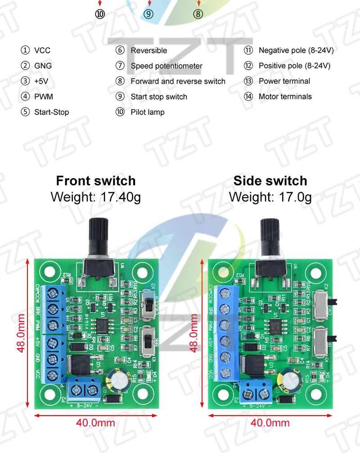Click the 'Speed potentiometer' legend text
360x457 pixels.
[x=166, y=66]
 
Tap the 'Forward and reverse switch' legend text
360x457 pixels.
[x=178, y=81]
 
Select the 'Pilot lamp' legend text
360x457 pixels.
[x=148, y=112]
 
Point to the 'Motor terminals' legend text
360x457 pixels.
[x=285, y=96]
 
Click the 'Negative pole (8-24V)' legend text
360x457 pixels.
[x=296, y=50]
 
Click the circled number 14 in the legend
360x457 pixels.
[x=249, y=96]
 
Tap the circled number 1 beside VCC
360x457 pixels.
[x=25, y=50]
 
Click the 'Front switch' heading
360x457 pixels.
[x=96, y=181]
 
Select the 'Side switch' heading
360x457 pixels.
[x=270, y=181]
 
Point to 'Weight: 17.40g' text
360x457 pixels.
[x=96, y=197]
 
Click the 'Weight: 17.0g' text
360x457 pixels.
[x=270, y=197]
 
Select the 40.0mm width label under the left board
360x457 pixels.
[x=95, y=423]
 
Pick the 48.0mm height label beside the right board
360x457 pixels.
[x=194, y=333]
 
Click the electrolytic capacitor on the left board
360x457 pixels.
[x=115, y=380]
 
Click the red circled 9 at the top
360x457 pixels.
[x=148, y=14]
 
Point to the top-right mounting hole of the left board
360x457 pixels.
[x=143, y=272]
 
